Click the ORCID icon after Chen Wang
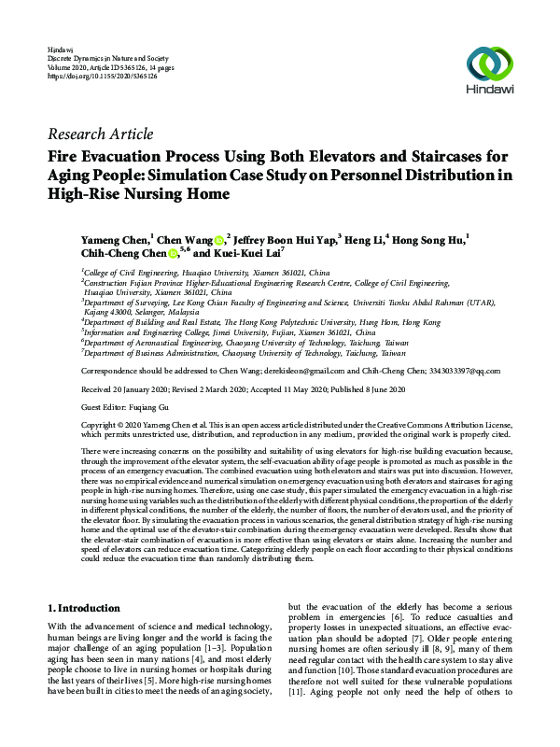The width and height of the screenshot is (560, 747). tap(220, 238)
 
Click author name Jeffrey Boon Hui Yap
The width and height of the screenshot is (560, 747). tap(284, 238)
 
